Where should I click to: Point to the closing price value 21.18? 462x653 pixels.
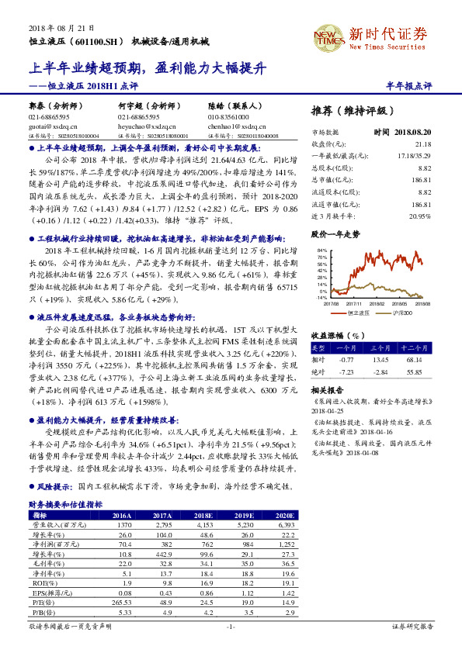coord(422,143)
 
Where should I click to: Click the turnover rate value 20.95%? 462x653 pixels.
coord(419,216)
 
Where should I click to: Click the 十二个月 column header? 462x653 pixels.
coord(413,347)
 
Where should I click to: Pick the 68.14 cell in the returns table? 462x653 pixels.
coord(413,359)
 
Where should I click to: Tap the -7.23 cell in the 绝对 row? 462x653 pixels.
coord(346,371)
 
